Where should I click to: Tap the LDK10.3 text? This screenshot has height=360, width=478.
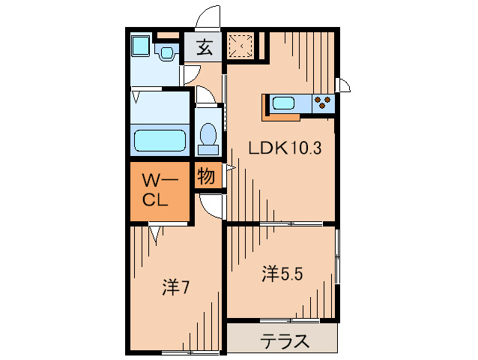point(285,148)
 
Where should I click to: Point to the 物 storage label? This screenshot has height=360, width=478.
point(206,177)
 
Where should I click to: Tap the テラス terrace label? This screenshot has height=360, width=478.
point(285,341)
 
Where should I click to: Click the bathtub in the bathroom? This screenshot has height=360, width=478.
point(159,140)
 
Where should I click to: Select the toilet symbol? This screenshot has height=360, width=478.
point(208,136)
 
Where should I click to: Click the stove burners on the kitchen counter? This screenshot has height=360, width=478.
point(323,103)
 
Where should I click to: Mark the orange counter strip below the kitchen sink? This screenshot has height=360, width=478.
point(282,116)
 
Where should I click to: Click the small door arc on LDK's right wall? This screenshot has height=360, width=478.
point(344,84)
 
